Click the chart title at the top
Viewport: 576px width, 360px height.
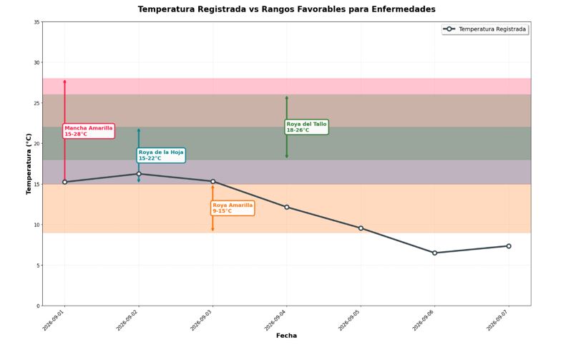pos(286,9)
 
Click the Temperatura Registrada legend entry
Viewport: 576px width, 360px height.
pos(485,29)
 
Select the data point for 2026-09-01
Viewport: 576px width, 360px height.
pos(64,182)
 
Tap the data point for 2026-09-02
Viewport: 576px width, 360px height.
pos(139,174)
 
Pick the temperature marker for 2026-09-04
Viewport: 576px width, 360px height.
pos(286,207)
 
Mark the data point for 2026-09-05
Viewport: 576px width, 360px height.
pos(361,228)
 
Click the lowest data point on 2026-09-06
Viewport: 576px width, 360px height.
pos(434,253)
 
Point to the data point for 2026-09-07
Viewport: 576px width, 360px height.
pos(509,245)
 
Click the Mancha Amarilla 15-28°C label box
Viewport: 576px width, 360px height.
pos(89,131)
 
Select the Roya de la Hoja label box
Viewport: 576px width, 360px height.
pos(161,155)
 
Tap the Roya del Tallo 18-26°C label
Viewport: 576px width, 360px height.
pos(306,127)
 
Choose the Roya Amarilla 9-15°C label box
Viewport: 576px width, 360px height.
pos(233,208)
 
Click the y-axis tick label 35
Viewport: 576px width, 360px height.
pos(36,22)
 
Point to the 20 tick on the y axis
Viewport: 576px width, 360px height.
pos(36,144)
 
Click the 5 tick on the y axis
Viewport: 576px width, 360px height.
pos(38,266)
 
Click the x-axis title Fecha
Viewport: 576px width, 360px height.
pos(286,336)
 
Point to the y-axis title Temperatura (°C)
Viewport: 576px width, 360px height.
pos(29,164)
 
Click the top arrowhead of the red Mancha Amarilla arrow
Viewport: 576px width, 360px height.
pos(64,80)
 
